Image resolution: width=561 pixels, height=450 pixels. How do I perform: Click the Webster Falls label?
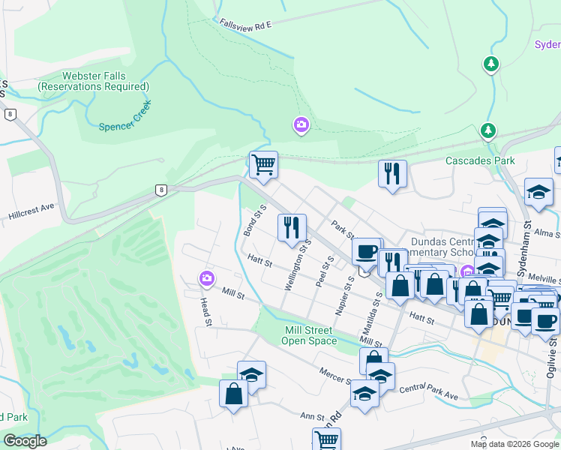click(x=94, y=81)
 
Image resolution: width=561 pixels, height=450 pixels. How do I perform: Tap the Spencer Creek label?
click(x=125, y=126)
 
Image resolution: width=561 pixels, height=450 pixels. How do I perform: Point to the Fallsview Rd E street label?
click(x=245, y=25)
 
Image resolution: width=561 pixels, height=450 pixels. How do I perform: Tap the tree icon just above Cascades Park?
click(x=488, y=131)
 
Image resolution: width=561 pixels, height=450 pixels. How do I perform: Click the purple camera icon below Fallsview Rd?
click(x=301, y=124)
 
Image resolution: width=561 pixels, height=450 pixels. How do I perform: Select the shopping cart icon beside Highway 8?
click(x=263, y=163)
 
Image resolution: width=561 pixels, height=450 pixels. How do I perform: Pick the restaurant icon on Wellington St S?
click(x=291, y=226)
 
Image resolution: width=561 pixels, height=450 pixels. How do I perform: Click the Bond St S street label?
click(x=255, y=220)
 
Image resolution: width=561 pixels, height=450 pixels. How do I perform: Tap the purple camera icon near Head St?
click(x=207, y=279)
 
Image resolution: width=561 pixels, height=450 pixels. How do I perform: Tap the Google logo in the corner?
click(x=25, y=441)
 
